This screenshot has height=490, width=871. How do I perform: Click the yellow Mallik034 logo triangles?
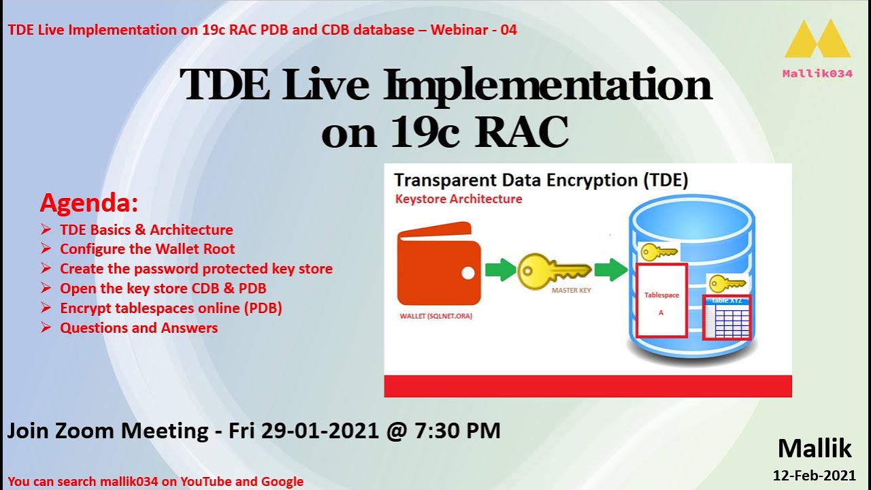point(817,41)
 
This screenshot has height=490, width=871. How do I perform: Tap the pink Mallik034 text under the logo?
point(817,73)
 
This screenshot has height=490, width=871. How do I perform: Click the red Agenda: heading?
point(89,203)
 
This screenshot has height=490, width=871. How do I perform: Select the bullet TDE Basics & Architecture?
point(146,230)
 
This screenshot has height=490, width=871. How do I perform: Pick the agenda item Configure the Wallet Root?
point(147,249)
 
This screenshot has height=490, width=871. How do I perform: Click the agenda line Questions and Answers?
point(139,328)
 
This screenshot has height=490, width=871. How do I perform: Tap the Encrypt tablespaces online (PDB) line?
point(171,308)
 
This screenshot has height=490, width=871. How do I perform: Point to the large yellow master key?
point(553,272)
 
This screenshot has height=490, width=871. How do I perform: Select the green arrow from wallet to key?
point(500,269)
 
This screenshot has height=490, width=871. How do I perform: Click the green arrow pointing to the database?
point(610,269)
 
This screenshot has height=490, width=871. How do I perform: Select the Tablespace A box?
point(661,299)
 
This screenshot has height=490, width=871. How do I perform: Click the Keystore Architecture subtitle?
point(459,199)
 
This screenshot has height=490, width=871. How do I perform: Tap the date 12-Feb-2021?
point(814,475)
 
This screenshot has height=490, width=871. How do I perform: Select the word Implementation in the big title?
point(548,86)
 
